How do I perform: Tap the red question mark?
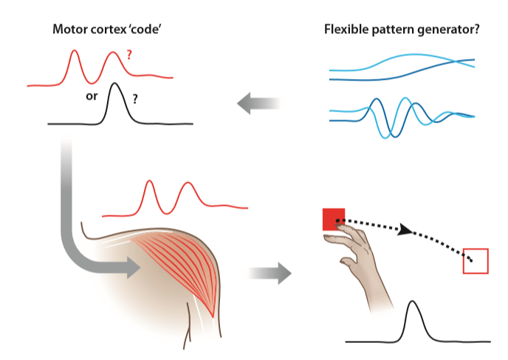130,55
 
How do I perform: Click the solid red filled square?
333,218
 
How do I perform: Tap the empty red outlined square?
476,260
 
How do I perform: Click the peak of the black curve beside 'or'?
114,83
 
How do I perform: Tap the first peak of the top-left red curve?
75,51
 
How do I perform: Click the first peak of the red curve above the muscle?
151,181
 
